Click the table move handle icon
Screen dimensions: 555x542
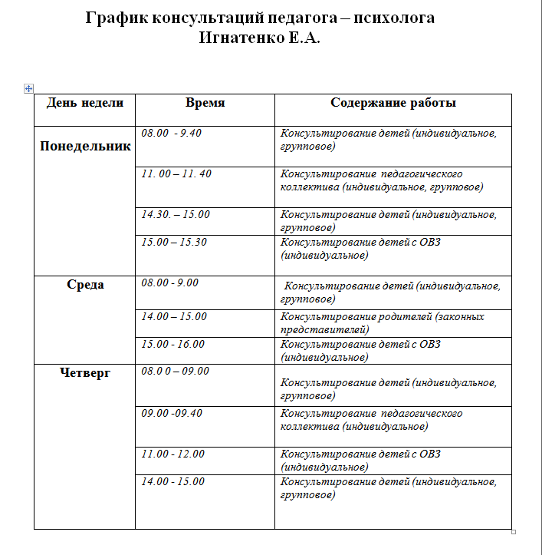pyautogui.click(x=28, y=89)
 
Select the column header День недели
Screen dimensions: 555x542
pyautogui.click(x=84, y=103)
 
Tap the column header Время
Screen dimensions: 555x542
pyautogui.click(x=205, y=103)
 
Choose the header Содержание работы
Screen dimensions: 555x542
pyautogui.click(x=393, y=103)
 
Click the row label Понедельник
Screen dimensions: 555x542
pyautogui.click(x=84, y=147)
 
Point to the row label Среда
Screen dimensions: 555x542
pyautogui.click(x=84, y=285)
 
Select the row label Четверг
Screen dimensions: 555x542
pyautogui.click(x=84, y=373)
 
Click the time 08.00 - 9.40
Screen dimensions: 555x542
pyautogui.click(x=171, y=134)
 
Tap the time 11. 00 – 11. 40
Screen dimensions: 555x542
pyautogui.click(x=176, y=174)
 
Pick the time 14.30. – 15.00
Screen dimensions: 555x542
pyautogui.click(x=175, y=215)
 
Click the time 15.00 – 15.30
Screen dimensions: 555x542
pyautogui.click(x=174, y=243)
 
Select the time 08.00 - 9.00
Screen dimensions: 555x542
pyautogui.click(x=169, y=282)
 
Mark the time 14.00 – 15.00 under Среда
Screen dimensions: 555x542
pyautogui.click(x=174, y=316)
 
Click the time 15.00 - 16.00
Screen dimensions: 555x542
pyautogui.click(x=172, y=344)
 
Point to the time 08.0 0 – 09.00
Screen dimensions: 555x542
pyautogui.click(x=175, y=372)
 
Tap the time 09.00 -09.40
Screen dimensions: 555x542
pyautogui.click(x=172, y=413)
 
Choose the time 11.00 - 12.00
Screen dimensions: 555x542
pyautogui.click(x=172, y=454)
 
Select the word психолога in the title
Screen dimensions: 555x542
pyautogui.click(x=396, y=18)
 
